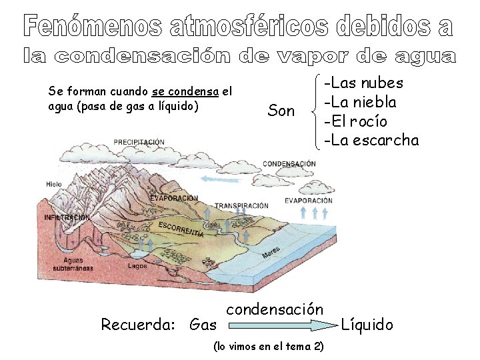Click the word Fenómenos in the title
pyautogui.click(x=93, y=26)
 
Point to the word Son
pyautogui.click(x=281, y=111)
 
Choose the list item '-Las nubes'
pyautogui.click(x=363, y=83)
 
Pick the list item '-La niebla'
pyautogui.click(x=360, y=102)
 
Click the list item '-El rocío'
pyautogui.click(x=355, y=121)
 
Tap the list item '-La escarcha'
pyautogui.click(x=371, y=140)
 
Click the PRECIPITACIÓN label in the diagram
pyautogui.click(x=139, y=142)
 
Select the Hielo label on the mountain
pyautogui.click(x=54, y=184)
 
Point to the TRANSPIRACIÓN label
pyautogui.click(x=241, y=205)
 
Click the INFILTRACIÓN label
pyautogui.click(x=66, y=218)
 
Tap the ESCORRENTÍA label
pyautogui.click(x=181, y=229)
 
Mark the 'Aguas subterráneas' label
pyautogui.click(x=74, y=264)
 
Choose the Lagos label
pyautogui.click(x=138, y=265)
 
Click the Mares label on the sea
pyautogui.click(x=271, y=253)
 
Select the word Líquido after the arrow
pyautogui.click(x=367, y=325)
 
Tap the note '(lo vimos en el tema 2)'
pyautogui.click(x=268, y=347)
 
